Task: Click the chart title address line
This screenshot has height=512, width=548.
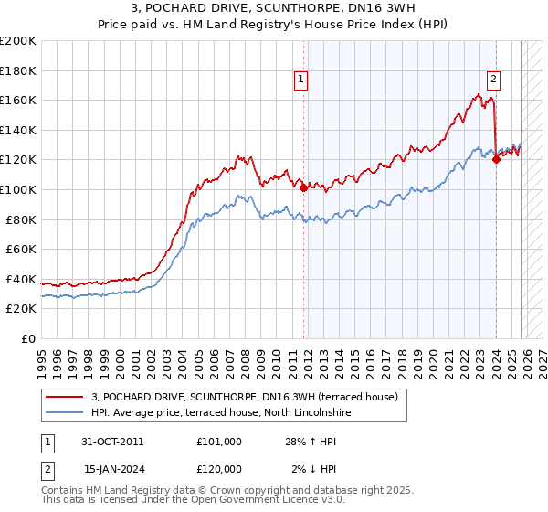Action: [x=274, y=9]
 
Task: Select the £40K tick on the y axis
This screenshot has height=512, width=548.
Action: [x=21, y=279]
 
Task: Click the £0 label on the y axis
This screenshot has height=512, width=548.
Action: [x=29, y=338]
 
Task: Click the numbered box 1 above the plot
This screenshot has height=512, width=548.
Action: [x=301, y=80]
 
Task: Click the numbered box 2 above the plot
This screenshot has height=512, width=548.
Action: [x=493, y=80]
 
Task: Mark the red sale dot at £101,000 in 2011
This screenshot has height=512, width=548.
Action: [x=303, y=188]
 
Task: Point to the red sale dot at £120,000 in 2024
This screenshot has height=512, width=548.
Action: [x=496, y=159]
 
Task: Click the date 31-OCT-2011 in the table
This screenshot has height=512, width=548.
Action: [x=112, y=442]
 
